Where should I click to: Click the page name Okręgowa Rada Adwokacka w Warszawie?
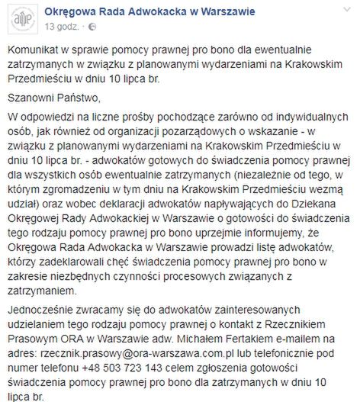(150, 11)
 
